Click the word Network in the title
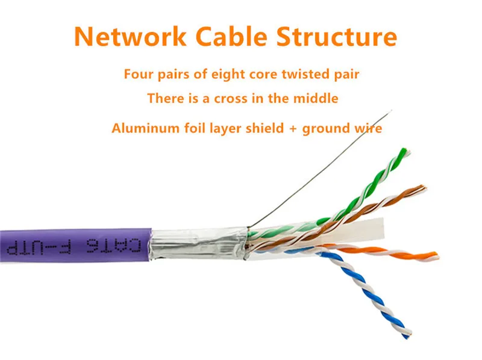click(x=130, y=37)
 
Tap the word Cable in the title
click(x=231, y=37)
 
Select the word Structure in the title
click(x=337, y=37)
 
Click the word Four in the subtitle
click(x=138, y=74)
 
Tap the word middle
click(x=316, y=98)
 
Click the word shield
click(x=264, y=128)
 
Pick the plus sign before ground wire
click(x=293, y=128)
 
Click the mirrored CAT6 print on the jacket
click(x=114, y=246)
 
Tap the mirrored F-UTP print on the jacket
click(x=39, y=247)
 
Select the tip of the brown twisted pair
click(x=423, y=188)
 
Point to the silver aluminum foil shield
click(x=198, y=244)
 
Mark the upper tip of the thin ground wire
click(x=391, y=110)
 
